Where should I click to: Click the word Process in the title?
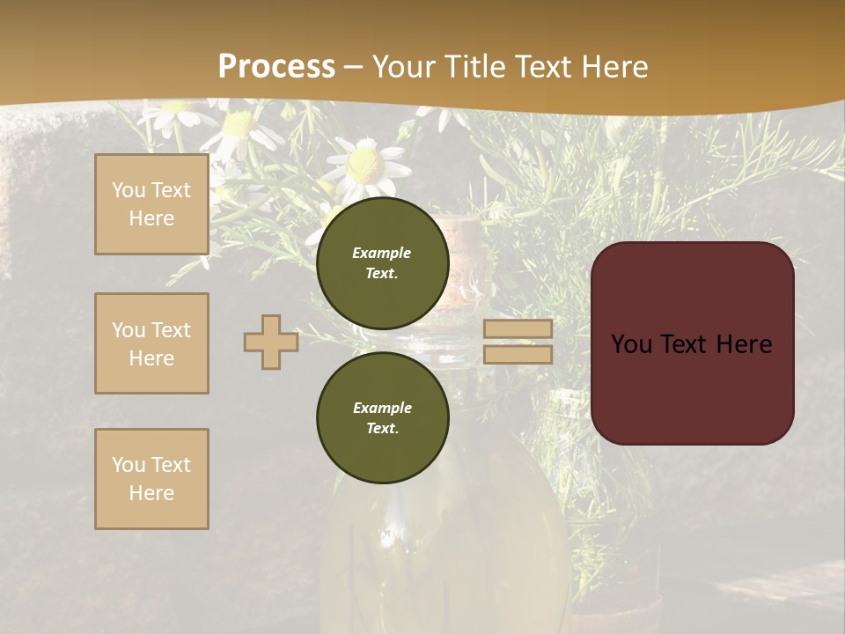276,67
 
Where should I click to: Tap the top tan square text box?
151,204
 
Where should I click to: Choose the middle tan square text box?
151,343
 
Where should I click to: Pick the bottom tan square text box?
151,479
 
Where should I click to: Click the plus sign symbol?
271,342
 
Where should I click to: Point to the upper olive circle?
382,262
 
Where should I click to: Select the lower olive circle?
382,418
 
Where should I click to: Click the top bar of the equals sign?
518,328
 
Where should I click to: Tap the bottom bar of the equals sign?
518,354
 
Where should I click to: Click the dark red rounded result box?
692,343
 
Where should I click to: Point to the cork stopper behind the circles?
464,238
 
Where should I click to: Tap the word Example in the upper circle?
382,253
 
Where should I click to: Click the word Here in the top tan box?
151,218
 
